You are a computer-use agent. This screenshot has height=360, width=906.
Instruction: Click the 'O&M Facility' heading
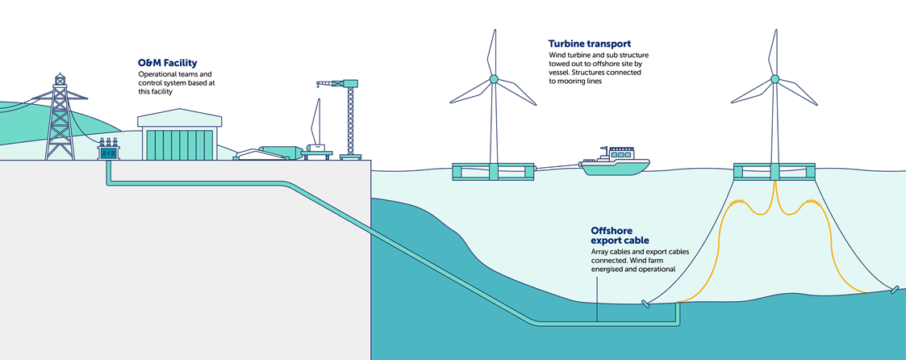coord(167,62)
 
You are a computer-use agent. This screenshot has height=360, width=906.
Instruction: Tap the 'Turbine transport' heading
coord(590,43)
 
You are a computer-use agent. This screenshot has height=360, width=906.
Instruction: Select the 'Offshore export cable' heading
coord(620,235)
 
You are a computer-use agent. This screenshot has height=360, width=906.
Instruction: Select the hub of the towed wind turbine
coord(492,80)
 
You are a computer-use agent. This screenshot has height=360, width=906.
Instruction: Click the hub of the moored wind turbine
coord(774,80)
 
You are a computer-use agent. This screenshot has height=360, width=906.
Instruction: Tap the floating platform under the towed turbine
coord(492,172)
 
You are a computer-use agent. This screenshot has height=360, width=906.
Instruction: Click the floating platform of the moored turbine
coord(774,172)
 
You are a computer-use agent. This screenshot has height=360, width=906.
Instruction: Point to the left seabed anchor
coord(645,304)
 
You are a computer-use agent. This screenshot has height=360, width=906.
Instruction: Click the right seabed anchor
coord(893,290)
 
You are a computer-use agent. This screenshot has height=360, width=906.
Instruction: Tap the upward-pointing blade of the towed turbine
coord(490,52)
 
